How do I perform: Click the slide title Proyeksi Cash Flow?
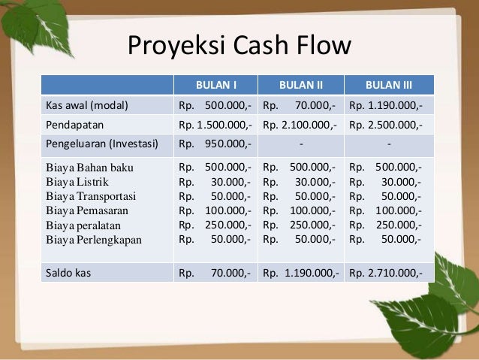tap(239, 47)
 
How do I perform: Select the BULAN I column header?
tap(216, 84)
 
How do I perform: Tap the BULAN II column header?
tap(300, 84)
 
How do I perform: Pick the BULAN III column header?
tap(388, 84)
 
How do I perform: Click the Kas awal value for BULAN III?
tap(387, 104)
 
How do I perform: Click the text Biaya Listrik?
tap(77, 181)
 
